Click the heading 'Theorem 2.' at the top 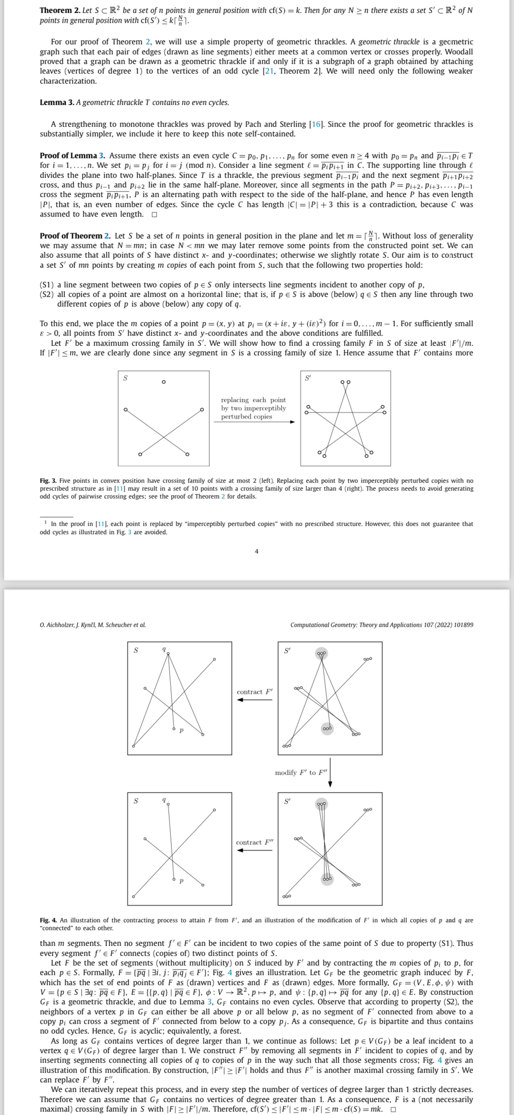60,10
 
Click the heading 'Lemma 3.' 57,103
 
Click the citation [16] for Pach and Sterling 316,124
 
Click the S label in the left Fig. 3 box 126,378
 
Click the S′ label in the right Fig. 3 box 308,378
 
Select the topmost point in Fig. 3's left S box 163,382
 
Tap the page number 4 256,551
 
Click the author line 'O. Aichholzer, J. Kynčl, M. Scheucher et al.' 93,625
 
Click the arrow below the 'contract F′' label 255,700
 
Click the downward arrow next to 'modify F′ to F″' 330,772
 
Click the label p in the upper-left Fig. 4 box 182,730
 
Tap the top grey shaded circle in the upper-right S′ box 322,653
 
